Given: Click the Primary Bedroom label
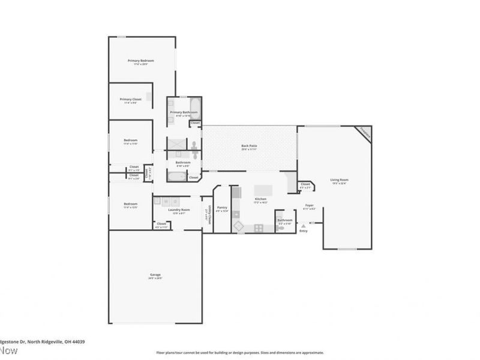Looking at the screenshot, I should point(141,61).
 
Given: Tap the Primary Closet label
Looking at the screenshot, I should point(130,100).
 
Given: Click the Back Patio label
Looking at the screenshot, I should point(250,146).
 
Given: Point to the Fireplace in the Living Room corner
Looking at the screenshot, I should point(365,133).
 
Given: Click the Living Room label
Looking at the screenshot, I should point(340,180).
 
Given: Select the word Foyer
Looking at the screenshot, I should point(310,206).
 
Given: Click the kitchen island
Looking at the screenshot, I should point(262,190).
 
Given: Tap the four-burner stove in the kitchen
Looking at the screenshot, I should point(258,227).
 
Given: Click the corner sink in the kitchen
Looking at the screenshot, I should point(238,227).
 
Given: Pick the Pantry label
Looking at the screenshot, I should point(222,208).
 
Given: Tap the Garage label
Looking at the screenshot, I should point(155,276).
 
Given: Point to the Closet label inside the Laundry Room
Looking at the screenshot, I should point(161,224).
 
